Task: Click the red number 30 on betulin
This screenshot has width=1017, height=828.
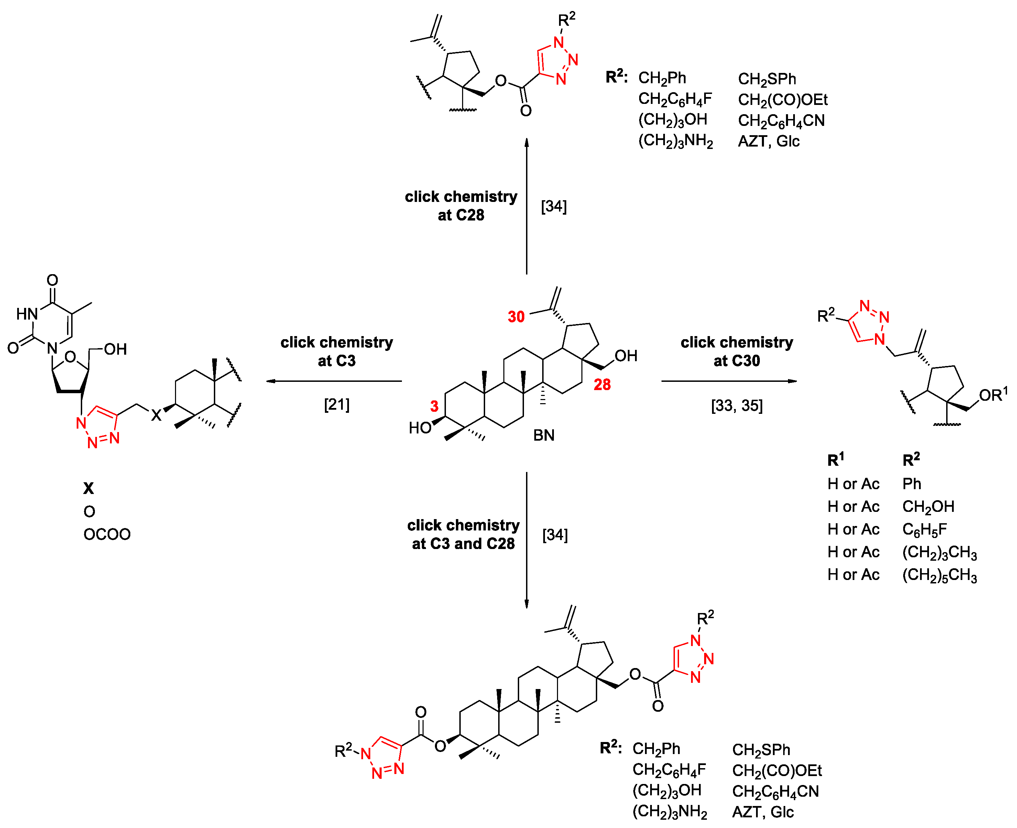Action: pos(516,317)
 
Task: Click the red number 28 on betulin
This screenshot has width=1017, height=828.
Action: pos(602,385)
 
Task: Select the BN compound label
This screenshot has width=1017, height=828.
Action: pos(544,435)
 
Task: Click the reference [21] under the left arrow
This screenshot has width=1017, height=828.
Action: pos(337,405)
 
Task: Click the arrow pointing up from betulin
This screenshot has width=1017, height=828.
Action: pos(527,205)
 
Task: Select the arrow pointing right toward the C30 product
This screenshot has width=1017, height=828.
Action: pos(729,381)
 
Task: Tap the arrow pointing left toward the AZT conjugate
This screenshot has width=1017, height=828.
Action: pos(333,381)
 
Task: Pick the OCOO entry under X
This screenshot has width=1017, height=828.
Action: pos(107,534)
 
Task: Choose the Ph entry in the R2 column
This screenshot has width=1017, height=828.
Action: pos(912,484)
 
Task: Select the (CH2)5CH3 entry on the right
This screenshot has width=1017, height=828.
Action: pos(939,575)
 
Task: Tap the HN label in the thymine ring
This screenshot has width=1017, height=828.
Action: pos(27,314)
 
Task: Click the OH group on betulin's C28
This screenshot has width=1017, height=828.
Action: pos(626,355)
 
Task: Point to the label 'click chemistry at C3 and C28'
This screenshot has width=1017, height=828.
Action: pos(463,534)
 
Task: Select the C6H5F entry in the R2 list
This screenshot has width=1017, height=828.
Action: pos(925,529)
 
